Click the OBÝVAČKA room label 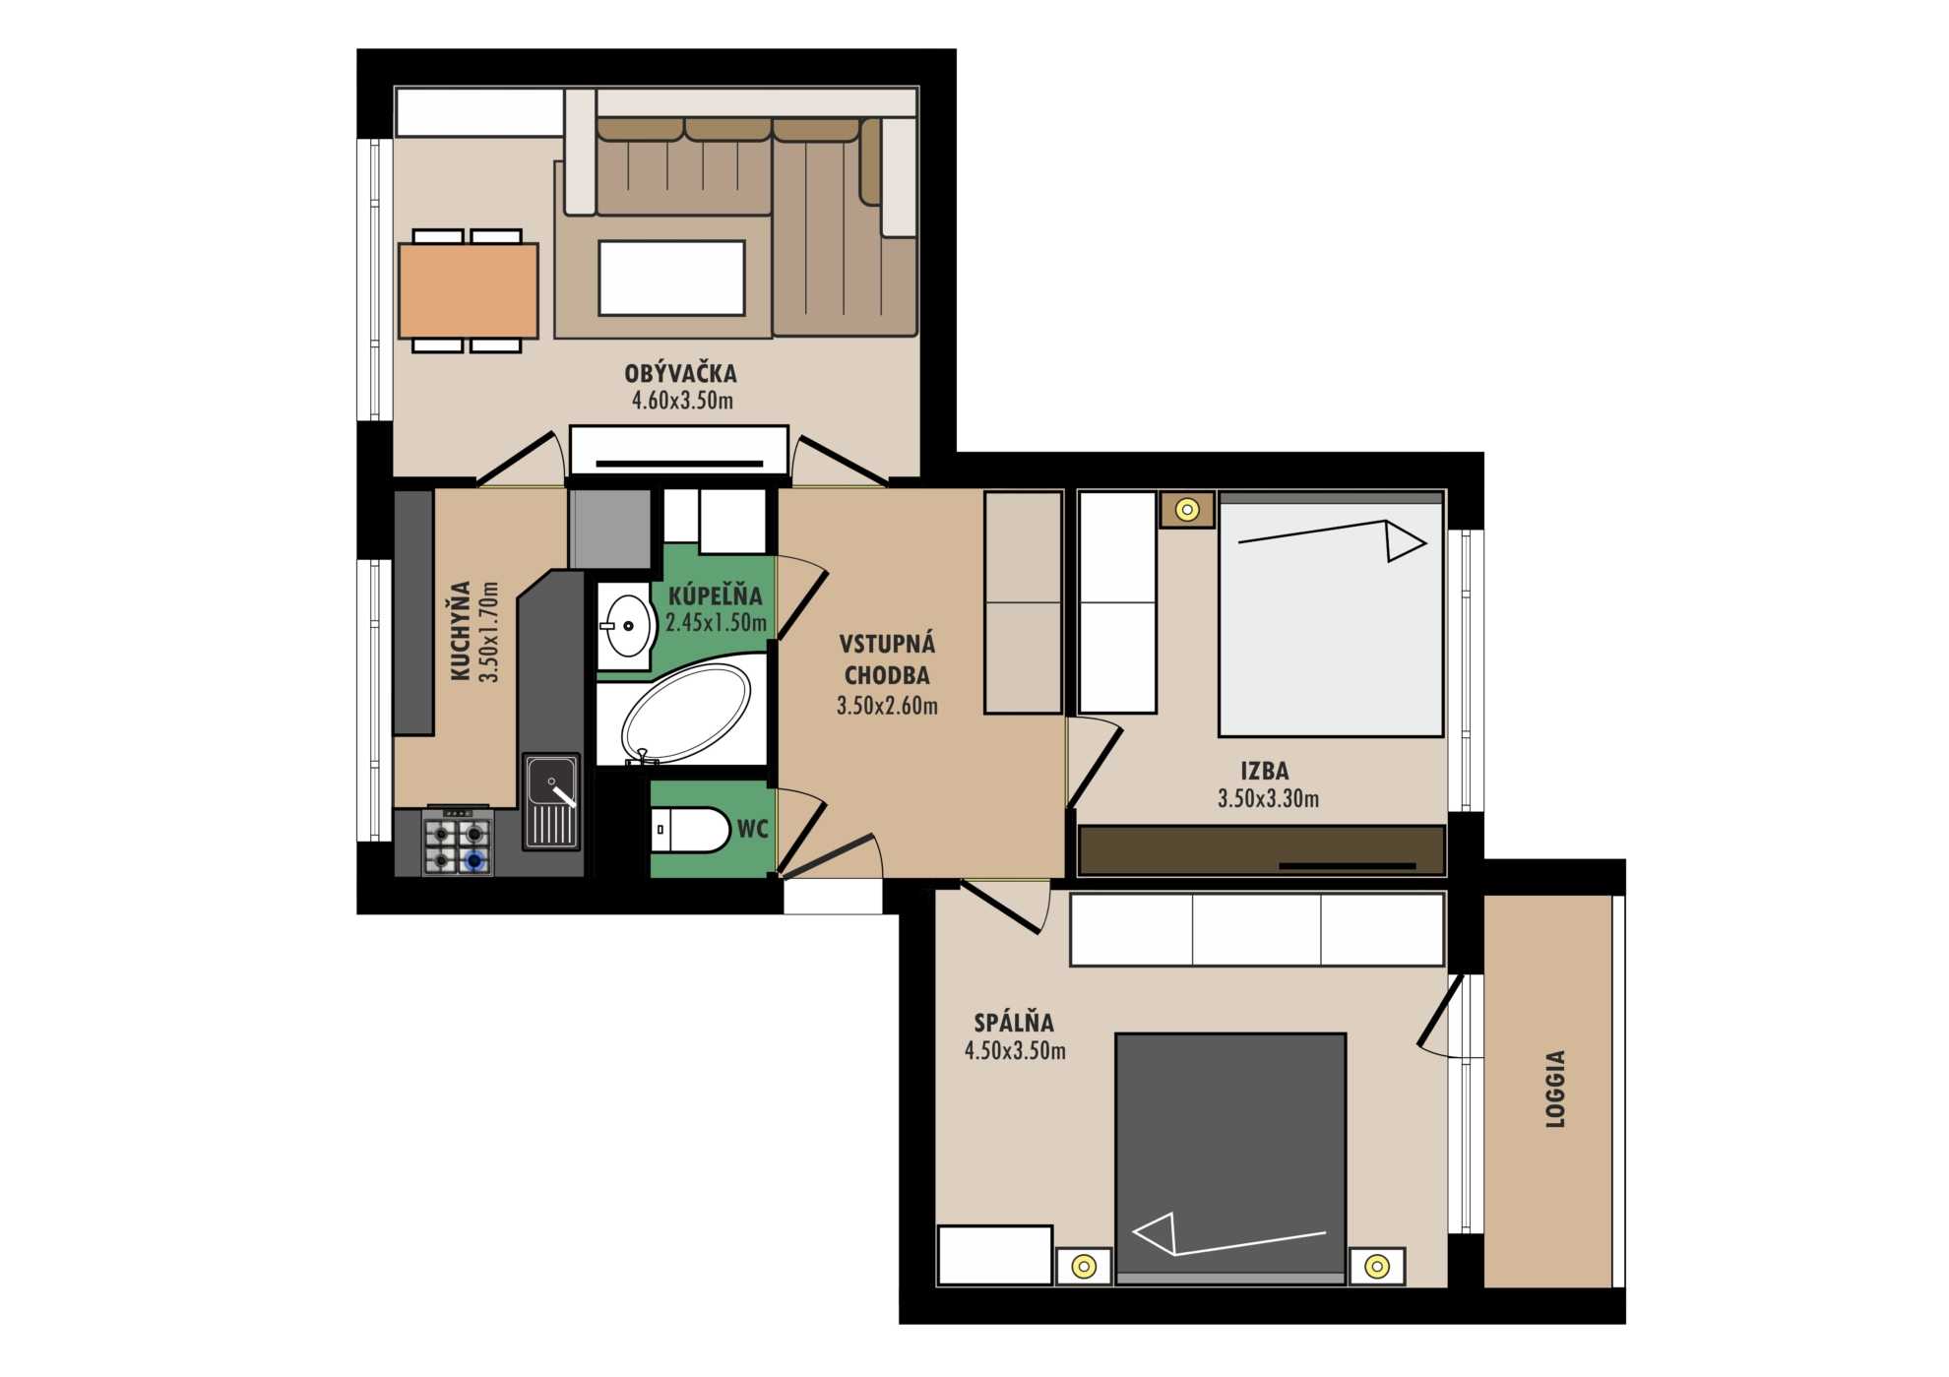680,373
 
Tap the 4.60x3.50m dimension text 682,401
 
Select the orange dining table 469,290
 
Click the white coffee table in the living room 671,278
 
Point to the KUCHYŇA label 460,631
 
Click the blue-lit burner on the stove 476,861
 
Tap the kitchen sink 551,801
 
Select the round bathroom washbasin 627,626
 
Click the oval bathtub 686,714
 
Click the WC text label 753,829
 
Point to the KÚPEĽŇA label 716,595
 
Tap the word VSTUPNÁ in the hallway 887,644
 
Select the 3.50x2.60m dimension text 887,705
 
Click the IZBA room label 1265,771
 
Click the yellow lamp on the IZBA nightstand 1187,510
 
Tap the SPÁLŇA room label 1014,1023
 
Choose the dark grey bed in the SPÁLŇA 1230,1158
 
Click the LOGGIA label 1555,1089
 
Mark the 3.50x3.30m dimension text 1268,798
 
